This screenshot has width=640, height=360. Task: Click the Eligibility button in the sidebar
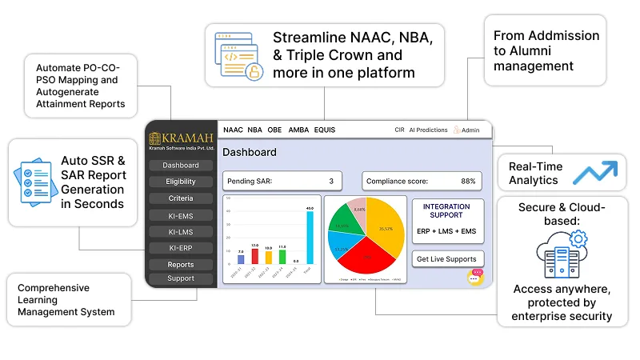pos(181,182)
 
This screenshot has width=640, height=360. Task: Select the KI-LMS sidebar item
pos(181,232)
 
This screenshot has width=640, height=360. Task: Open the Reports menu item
pos(181,265)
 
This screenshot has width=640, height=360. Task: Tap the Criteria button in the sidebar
pos(181,198)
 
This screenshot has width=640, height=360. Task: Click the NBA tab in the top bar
pos(254,130)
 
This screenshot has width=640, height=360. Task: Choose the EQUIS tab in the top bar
pos(325,130)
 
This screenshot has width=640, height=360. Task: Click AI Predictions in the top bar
pos(428,130)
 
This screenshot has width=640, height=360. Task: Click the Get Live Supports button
pos(446,258)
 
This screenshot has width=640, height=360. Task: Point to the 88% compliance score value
pos(468,182)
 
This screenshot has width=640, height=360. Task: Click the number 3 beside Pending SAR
pos(331,182)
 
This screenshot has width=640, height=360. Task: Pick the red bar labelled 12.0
pos(255,256)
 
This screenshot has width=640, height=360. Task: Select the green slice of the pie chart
pos(345,223)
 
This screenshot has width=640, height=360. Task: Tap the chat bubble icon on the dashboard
pos(477,276)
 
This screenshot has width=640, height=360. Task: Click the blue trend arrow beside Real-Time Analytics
pos(597,172)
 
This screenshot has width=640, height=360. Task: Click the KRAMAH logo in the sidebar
pos(181,139)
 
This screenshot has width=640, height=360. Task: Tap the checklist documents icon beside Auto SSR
pos(35,182)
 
